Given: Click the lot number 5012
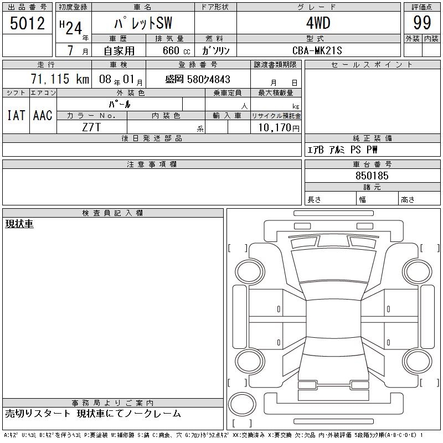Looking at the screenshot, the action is [27, 23].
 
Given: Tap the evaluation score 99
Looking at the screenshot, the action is [422, 23].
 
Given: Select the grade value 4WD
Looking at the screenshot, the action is [318, 23].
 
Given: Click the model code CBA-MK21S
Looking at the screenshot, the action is [317, 50].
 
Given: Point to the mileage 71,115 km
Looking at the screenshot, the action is [60, 79].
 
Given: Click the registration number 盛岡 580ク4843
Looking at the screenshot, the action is [198, 79].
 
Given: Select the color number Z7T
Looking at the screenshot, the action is [91, 127].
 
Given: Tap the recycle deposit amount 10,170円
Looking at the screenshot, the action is [279, 128].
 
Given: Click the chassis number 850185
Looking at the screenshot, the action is [372, 176].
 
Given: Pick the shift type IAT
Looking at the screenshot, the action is [16, 115].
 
